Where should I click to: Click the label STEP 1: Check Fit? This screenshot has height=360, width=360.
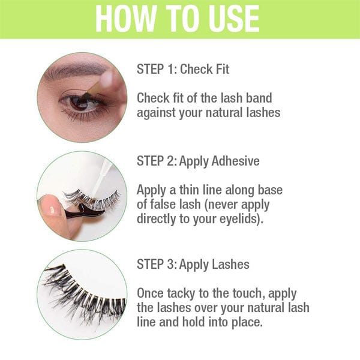click(183, 70)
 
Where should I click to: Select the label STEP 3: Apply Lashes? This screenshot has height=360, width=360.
click(193, 264)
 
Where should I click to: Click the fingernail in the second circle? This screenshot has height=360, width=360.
click(51, 208)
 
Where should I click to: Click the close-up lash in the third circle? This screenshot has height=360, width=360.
click(84, 294)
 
